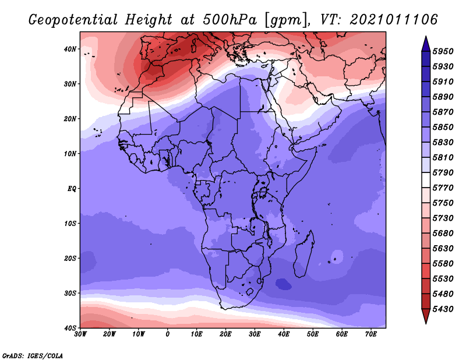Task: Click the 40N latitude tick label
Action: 70,49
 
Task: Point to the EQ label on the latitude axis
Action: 72,189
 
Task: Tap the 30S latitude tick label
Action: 70,294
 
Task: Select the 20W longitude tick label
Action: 110,334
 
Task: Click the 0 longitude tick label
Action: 168,334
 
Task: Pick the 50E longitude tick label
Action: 313,334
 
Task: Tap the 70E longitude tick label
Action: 371,334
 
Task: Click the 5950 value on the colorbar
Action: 443,51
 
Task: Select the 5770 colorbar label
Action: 443,188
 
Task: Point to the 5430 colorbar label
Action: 443,309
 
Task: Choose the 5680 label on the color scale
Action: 443,234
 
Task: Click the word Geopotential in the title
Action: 73,20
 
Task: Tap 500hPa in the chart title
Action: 230,20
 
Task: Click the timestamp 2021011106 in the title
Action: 394,20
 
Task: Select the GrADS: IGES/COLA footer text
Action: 33,355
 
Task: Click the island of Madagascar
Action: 303,254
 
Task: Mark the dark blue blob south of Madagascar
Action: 283,284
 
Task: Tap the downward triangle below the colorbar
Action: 426,316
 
